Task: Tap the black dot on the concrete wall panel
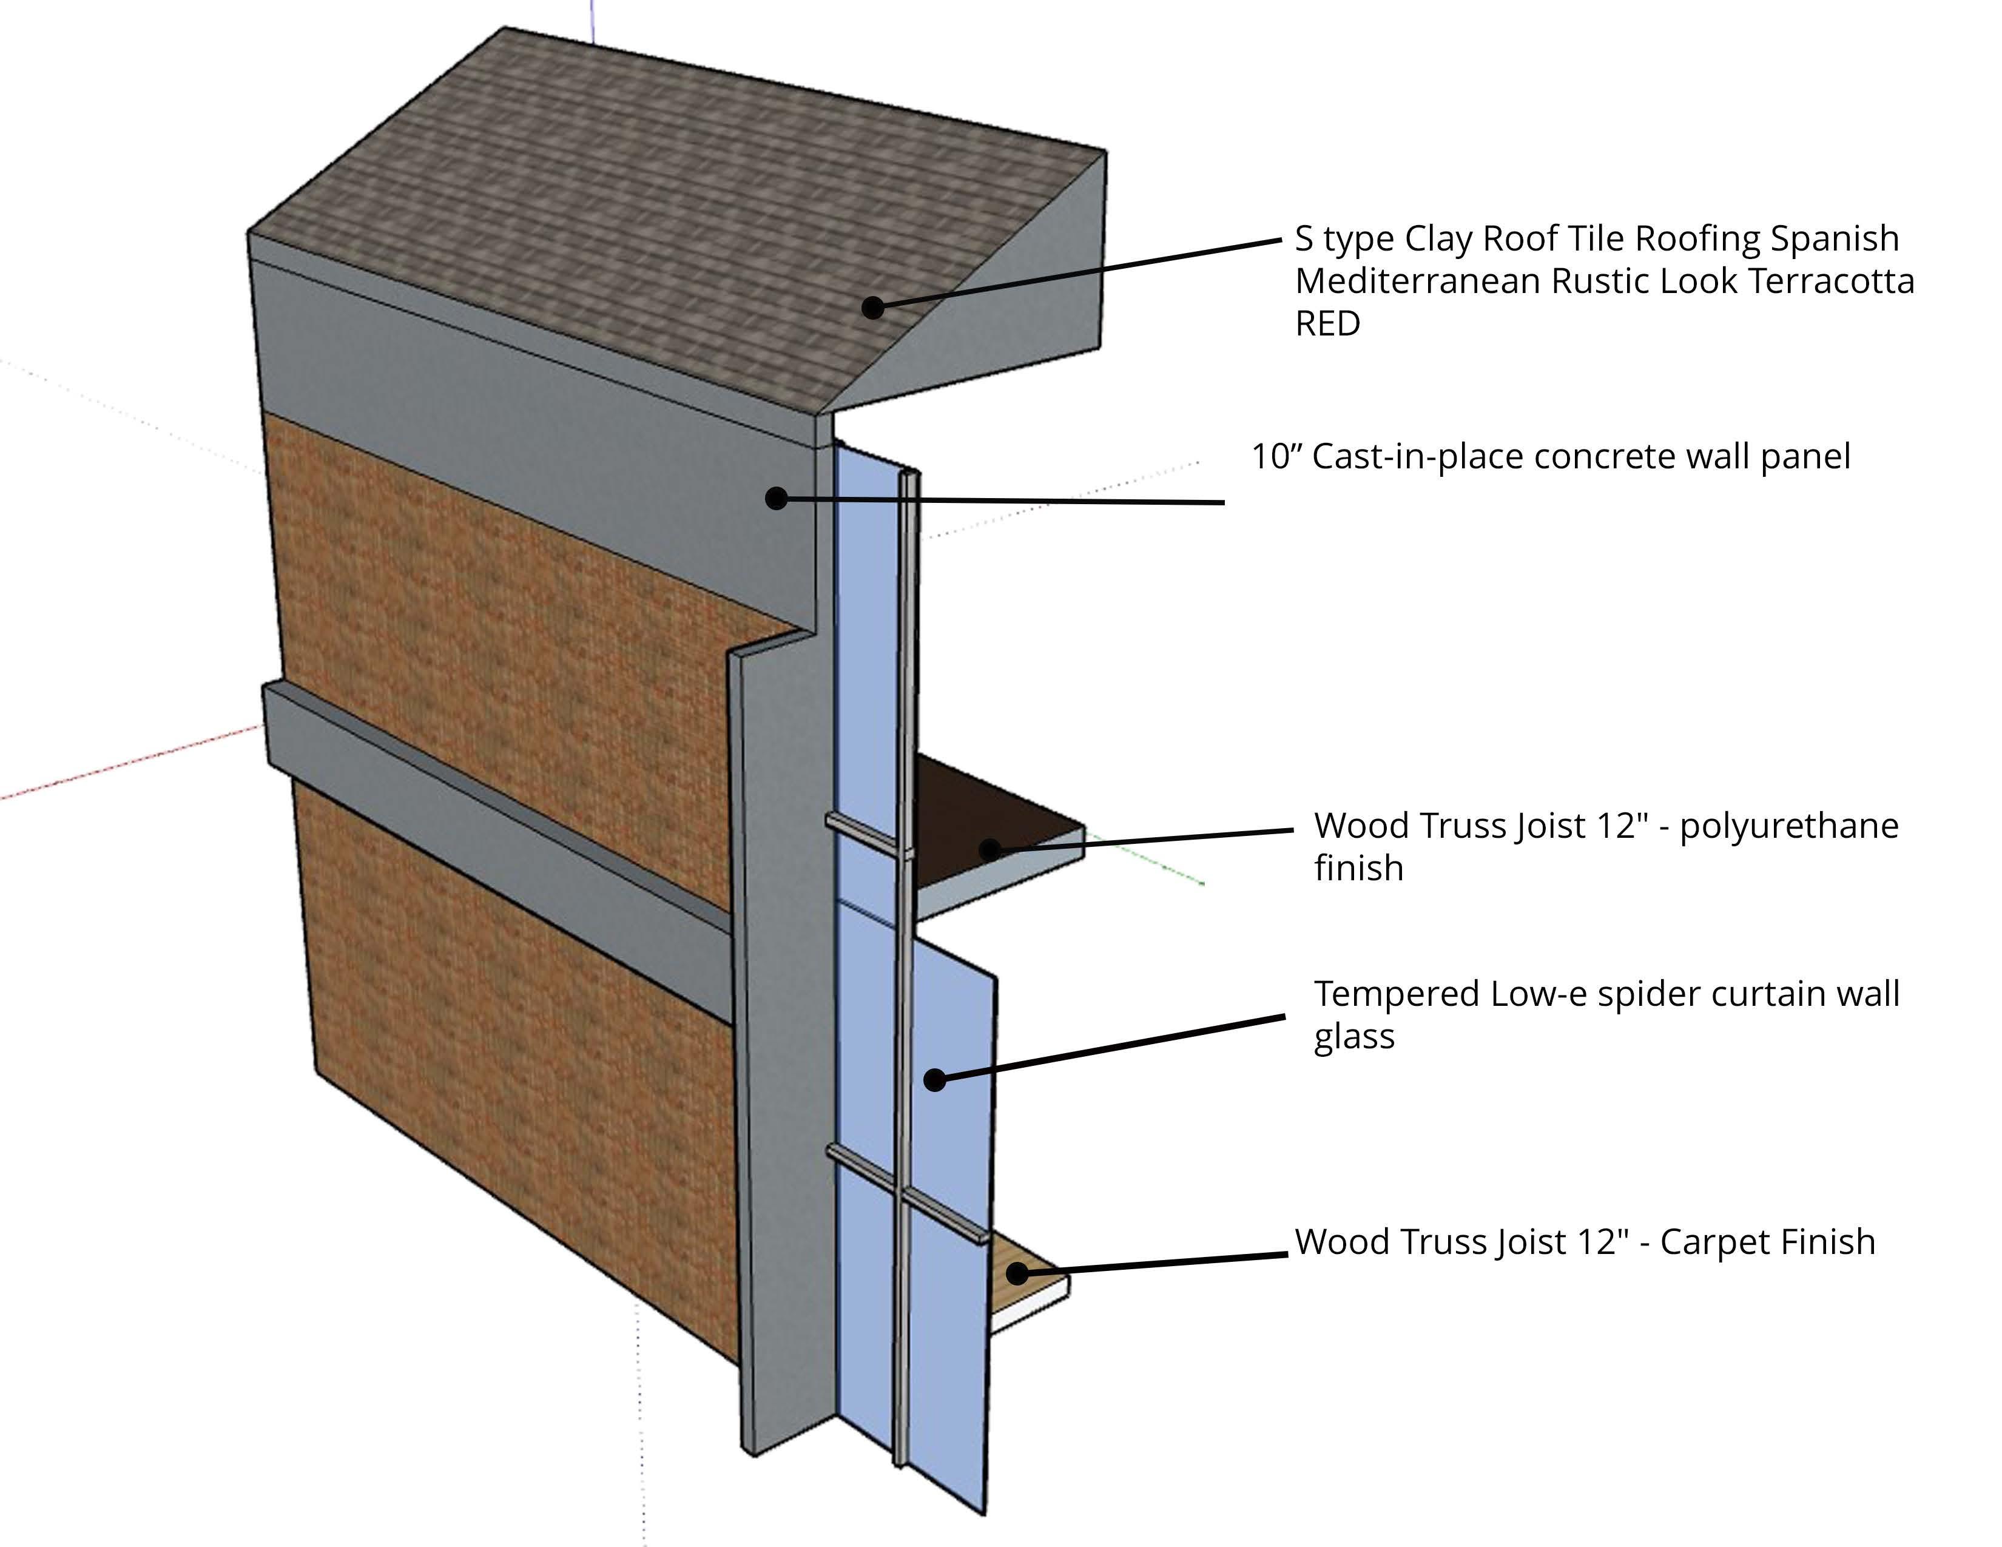pyautogui.click(x=777, y=499)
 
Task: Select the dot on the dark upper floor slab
pyautogui.click(x=989, y=849)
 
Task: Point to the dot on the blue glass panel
pyautogui.click(x=934, y=1080)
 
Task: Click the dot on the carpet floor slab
pyautogui.click(x=1017, y=1273)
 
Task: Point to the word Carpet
pyautogui.click(x=1714, y=1242)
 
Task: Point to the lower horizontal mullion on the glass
pyautogui.click(x=908, y=1190)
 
